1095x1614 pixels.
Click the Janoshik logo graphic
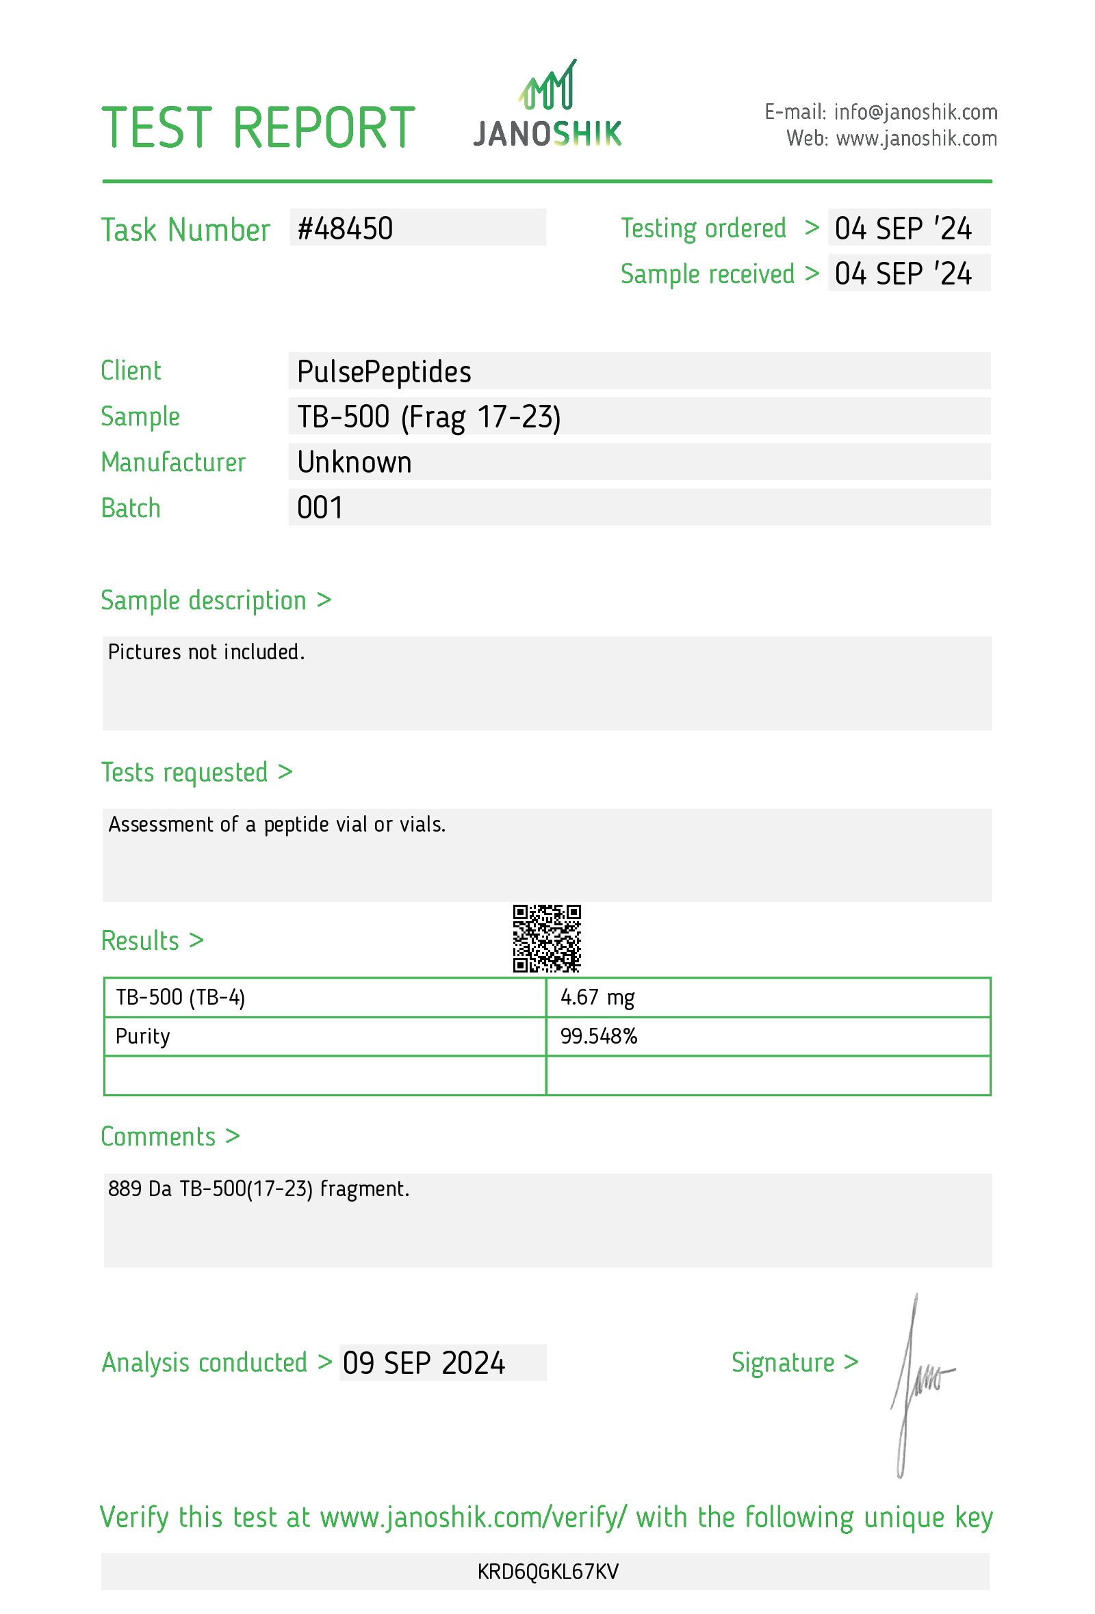point(547,104)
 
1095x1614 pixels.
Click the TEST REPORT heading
point(258,129)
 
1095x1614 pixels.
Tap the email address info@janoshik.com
point(915,111)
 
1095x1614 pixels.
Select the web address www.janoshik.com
point(916,139)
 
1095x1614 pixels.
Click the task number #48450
point(345,229)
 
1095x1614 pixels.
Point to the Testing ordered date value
point(903,229)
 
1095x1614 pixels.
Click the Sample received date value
point(903,274)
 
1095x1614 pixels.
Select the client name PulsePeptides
point(383,372)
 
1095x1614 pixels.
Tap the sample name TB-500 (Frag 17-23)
point(428,417)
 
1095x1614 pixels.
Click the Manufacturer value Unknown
point(354,462)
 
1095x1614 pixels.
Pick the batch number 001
point(319,508)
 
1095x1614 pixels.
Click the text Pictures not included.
point(207,652)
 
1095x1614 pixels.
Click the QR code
point(547,938)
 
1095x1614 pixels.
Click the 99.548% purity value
point(598,1036)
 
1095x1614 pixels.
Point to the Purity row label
point(142,1036)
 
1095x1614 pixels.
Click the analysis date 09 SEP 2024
point(423,1363)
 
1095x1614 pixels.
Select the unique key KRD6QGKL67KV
point(547,1572)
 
